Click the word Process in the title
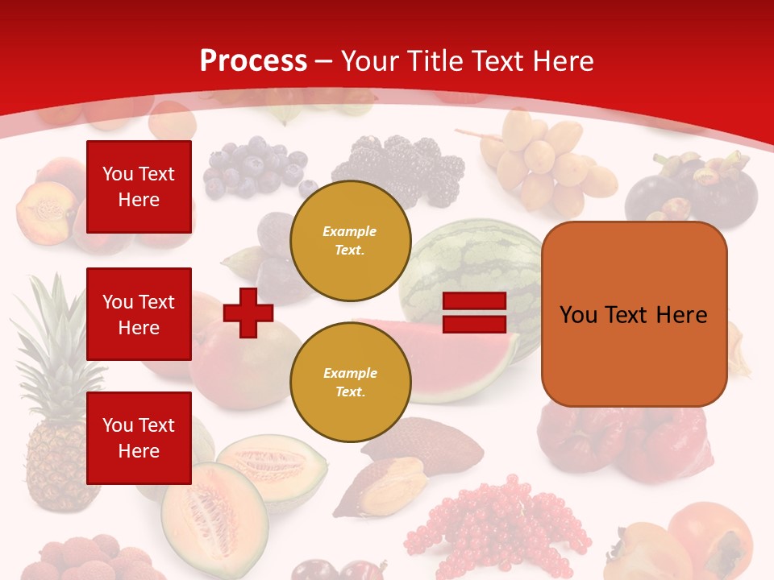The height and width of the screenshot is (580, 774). pos(253,60)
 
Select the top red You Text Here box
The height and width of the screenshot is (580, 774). pos(139,187)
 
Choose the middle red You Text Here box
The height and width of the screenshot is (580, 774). pos(139,314)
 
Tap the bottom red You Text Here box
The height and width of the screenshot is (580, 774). pos(139,437)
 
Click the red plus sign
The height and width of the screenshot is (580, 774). pos(248,313)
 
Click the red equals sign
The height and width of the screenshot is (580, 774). pos(474,313)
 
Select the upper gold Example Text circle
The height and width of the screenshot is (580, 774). pos(350,240)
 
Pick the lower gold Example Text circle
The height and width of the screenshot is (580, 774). pos(350,382)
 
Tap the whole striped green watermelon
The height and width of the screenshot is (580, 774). pos(476,258)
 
